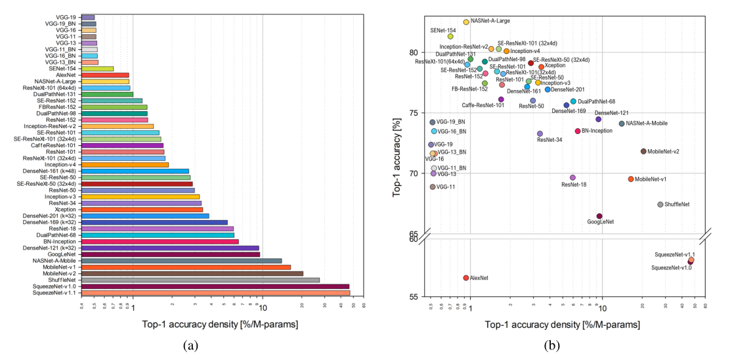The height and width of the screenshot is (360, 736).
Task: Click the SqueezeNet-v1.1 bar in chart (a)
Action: click(x=217, y=293)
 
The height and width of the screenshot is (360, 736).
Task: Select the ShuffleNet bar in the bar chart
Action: click(x=200, y=279)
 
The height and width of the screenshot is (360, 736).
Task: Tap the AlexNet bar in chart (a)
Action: click(x=105, y=75)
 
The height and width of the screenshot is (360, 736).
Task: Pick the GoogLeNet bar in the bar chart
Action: click(x=171, y=254)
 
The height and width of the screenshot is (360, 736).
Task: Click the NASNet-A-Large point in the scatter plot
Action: click(x=466, y=22)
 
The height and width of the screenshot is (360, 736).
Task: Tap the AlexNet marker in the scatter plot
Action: click(x=465, y=278)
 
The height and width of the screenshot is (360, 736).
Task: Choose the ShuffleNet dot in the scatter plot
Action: click(x=660, y=204)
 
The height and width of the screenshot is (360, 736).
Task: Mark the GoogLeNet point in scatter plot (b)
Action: click(x=599, y=216)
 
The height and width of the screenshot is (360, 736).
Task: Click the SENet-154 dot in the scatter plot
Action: click(x=450, y=36)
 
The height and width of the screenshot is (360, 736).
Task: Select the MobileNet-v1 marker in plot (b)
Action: click(x=631, y=179)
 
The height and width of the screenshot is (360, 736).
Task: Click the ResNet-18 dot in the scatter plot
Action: click(x=573, y=177)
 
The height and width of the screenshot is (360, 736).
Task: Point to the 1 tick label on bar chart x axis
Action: click(x=133, y=307)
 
